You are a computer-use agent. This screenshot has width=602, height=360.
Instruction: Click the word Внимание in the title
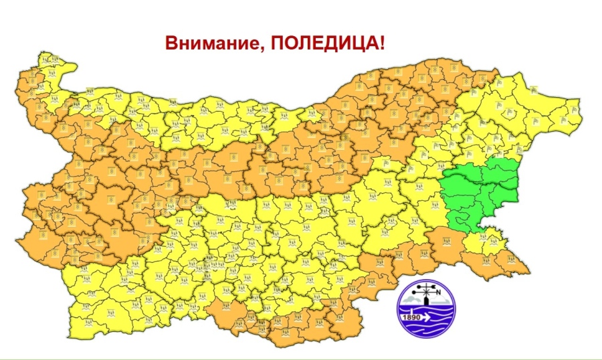pyautogui.click(x=208, y=44)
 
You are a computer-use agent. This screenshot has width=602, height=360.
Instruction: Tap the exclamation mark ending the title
pyautogui.click(x=382, y=44)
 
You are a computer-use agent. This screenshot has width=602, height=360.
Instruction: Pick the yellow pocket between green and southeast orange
pyautogui.click(x=485, y=241)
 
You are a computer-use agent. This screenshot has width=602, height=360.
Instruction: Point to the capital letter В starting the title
pyautogui.click(x=171, y=44)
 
